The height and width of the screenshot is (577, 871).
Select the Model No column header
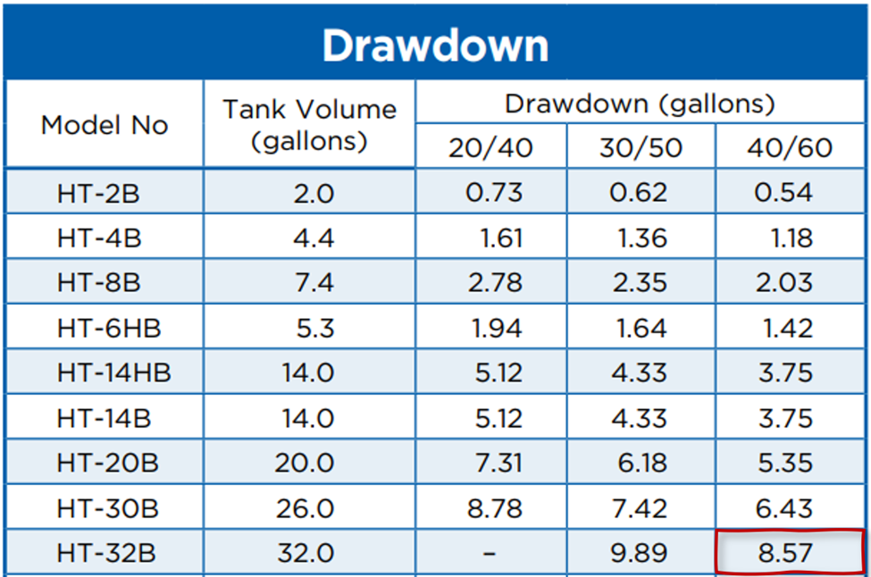(x=105, y=125)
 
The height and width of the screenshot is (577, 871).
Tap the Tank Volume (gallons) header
(x=309, y=125)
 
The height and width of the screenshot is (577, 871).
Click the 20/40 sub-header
(x=490, y=147)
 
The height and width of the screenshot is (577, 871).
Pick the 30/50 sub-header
(x=641, y=147)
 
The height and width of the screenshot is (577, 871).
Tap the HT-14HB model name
(x=113, y=373)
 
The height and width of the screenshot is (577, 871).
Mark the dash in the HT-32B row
(x=490, y=554)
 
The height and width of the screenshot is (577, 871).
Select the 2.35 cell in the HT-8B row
(x=641, y=283)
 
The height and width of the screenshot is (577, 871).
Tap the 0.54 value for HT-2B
(x=783, y=193)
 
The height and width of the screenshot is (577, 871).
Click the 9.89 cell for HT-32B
(x=641, y=554)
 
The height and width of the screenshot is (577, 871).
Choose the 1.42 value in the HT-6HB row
(x=787, y=328)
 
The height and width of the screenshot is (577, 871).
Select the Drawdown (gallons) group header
(x=640, y=104)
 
